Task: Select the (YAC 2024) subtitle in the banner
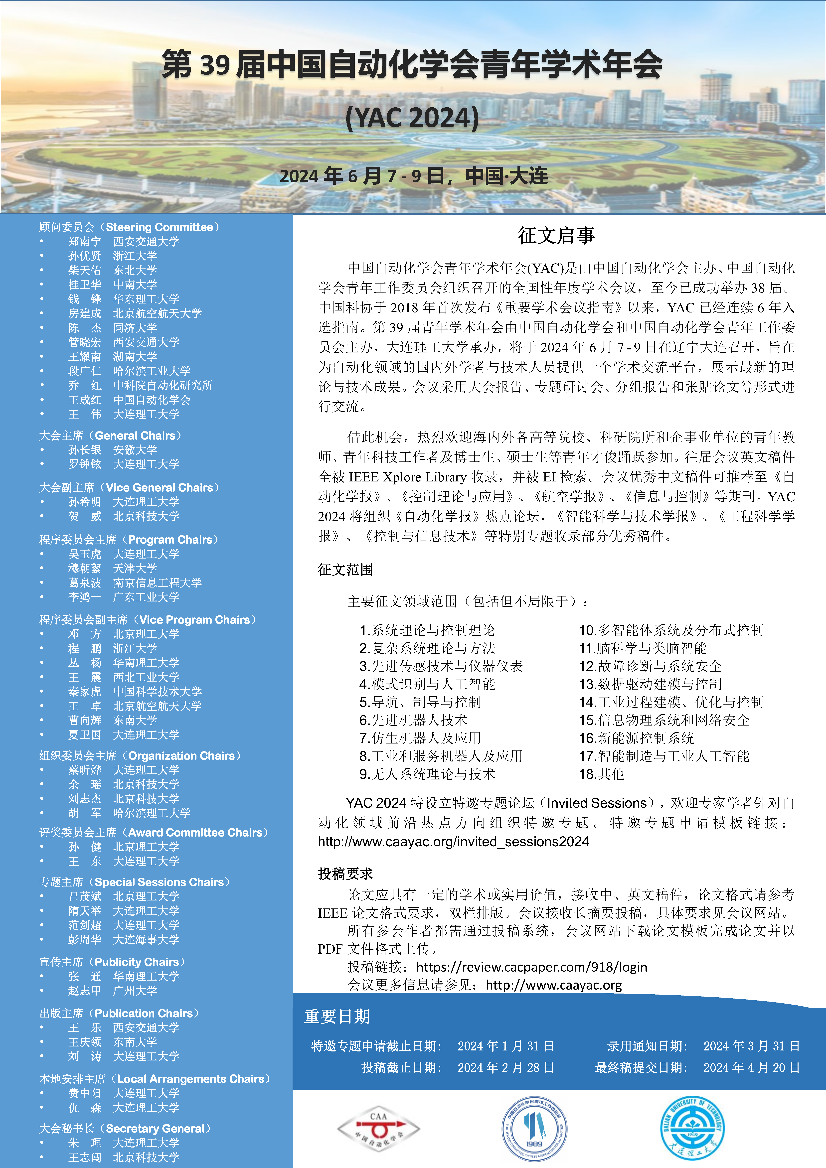(x=412, y=118)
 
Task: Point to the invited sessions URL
(x=453, y=842)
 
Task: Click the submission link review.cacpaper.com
(x=531, y=967)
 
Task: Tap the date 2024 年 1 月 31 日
(x=505, y=1046)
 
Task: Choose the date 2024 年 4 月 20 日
(x=751, y=1067)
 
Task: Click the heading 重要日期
(x=337, y=1016)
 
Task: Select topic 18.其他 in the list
(x=602, y=774)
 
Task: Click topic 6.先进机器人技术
(x=413, y=720)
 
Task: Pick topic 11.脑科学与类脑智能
(x=643, y=649)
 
